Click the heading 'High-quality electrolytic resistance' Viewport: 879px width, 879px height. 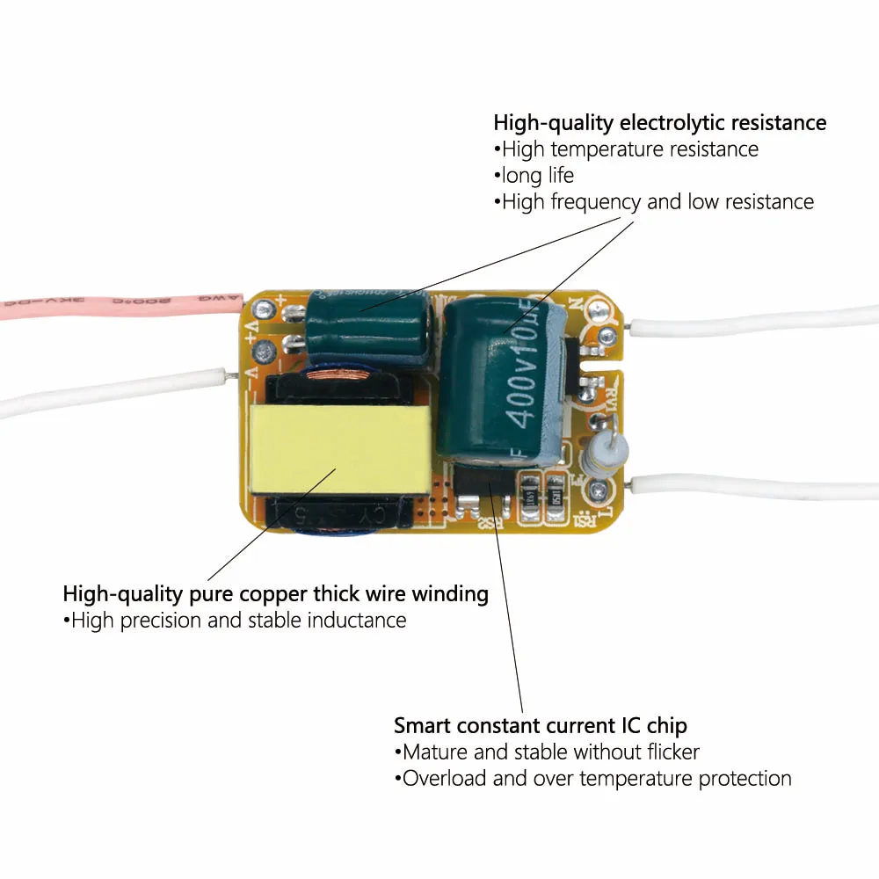click(x=659, y=122)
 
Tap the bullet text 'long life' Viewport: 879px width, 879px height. click(x=537, y=175)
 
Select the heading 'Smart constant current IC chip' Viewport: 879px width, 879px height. click(x=540, y=726)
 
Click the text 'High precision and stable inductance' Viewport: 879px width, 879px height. click(x=237, y=621)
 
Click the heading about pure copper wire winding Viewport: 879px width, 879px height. click(x=275, y=594)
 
